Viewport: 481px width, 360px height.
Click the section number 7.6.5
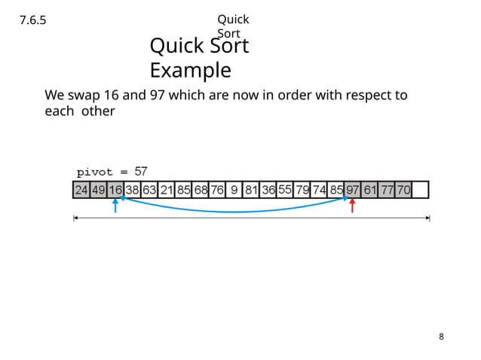tap(32, 21)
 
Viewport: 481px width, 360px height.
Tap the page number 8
tap(442, 336)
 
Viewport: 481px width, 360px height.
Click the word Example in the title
tap(190, 70)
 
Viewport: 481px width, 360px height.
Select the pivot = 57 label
tap(112, 172)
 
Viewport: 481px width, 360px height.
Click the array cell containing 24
tap(81, 189)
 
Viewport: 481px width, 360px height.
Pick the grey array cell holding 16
tap(115, 189)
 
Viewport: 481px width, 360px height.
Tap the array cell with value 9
tap(234, 189)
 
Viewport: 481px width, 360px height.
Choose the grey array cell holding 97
tap(352, 189)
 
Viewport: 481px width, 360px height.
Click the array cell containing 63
tap(149, 189)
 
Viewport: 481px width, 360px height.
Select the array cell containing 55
tap(285, 189)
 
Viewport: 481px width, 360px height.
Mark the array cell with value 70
tap(403, 189)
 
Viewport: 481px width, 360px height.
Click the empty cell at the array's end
tap(421, 189)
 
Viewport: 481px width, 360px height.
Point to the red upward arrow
tap(352, 206)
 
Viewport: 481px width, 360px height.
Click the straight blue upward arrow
tap(115, 206)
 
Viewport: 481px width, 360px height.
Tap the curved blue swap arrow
tap(234, 212)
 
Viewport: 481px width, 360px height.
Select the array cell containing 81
tap(251, 189)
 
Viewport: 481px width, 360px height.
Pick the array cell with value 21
tap(167, 189)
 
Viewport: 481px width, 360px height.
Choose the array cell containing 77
tap(387, 189)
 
